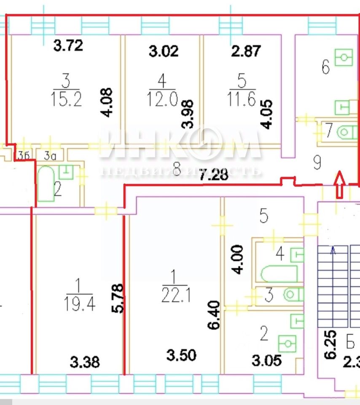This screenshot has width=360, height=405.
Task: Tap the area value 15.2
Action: point(66,100)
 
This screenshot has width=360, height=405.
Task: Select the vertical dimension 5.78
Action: point(119,298)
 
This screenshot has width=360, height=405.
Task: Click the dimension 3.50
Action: point(182,355)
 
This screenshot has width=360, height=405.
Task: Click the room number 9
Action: point(318,162)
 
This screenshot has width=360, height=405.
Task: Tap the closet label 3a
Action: point(50,156)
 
